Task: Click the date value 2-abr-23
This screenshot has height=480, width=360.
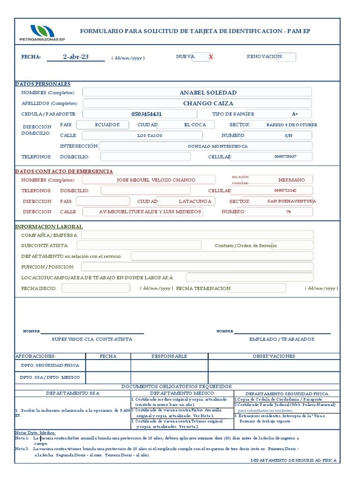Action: tap(75, 57)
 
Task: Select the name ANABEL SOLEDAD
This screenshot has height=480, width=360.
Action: tap(208, 92)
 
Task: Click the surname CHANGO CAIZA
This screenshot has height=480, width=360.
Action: tap(208, 103)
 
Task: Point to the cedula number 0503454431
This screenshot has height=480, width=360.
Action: tap(147, 114)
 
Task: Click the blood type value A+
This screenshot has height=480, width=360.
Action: tap(295, 114)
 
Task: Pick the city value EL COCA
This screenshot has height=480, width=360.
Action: tap(195, 125)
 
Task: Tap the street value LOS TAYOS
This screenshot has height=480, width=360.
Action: tap(150, 135)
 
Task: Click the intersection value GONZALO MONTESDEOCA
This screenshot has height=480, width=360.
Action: tap(217, 146)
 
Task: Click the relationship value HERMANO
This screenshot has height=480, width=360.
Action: tap(291, 180)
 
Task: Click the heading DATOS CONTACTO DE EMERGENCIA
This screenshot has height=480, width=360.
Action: tap(64, 172)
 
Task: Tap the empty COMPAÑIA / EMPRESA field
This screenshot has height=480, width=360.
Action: tap(197, 235)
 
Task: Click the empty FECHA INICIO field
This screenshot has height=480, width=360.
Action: tap(96, 288)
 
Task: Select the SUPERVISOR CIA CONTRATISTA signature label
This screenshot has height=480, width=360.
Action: tap(92, 339)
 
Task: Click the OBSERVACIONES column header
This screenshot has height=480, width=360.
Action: tap(274, 356)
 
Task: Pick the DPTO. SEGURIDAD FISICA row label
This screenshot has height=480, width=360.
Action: tap(49, 365)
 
